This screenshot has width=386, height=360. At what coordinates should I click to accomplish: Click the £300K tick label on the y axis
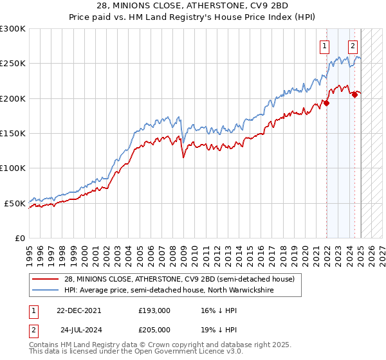pyautogui.click(x=13, y=29)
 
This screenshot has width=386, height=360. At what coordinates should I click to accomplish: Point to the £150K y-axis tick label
pyautogui.click(x=13, y=134)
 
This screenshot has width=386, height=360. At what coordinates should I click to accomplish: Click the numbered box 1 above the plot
pyautogui.click(x=324, y=46)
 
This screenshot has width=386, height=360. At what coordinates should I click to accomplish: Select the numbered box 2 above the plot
pyautogui.click(x=353, y=46)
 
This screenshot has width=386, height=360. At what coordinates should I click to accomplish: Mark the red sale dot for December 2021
pyautogui.click(x=327, y=103)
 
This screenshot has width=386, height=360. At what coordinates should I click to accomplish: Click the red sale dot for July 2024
pyautogui.click(x=354, y=94)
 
